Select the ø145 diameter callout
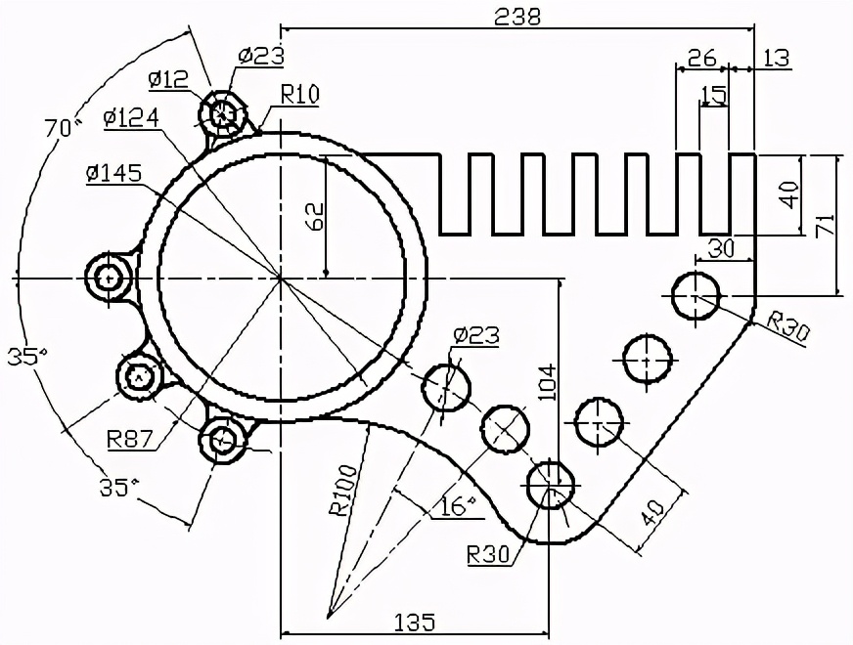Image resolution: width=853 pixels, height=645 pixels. [113, 173]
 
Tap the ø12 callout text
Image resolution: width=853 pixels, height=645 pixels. [168, 78]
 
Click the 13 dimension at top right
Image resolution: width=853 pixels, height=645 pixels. [776, 58]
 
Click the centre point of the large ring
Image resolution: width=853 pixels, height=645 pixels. [281, 279]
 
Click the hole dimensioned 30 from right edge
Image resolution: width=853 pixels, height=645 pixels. [696, 294]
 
